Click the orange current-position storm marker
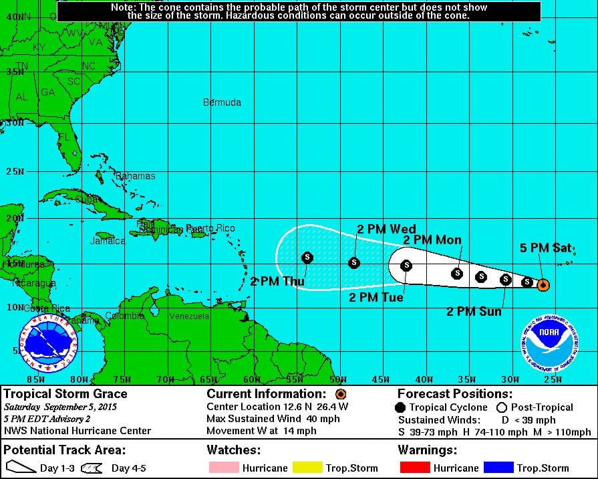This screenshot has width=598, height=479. pos(543,285)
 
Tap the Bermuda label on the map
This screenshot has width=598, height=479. pos(222,102)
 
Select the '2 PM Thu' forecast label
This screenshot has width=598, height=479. pos(277,282)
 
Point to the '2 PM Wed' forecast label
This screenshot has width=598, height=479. pos(386,229)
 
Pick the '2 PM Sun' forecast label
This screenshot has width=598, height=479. pos(474,311)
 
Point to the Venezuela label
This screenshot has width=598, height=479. pos(189,316)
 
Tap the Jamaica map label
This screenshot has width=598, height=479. pos(107,241)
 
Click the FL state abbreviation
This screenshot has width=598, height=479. pos(64,137)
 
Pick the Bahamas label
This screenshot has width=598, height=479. pos(136,176)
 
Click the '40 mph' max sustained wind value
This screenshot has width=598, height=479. pos(324,419)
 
